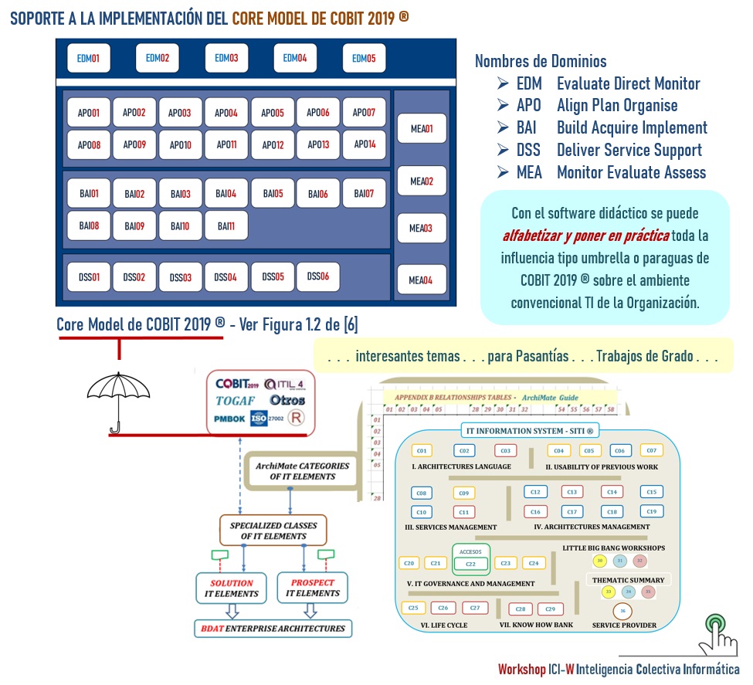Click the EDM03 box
coord(226,58)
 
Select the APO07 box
coord(364,113)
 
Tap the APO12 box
coord(273,144)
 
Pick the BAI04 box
coord(226,194)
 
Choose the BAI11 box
coord(226,226)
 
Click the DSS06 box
coord(318,276)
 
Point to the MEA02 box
coord(422,181)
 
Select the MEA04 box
coord(422,280)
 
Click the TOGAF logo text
coord(235,401)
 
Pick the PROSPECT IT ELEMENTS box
coord(313,588)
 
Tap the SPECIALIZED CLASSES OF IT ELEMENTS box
coord(273,530)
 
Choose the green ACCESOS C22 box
coord(470,560)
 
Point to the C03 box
coord(505,451)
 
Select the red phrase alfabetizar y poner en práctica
coord(585,235)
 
